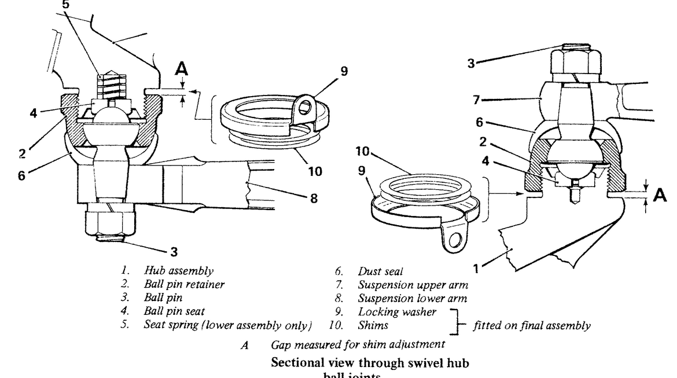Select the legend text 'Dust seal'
click(381, 270)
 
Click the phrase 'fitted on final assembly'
click(532, 326)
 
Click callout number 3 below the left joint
click(174, 252)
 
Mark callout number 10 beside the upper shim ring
click(315, 171)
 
